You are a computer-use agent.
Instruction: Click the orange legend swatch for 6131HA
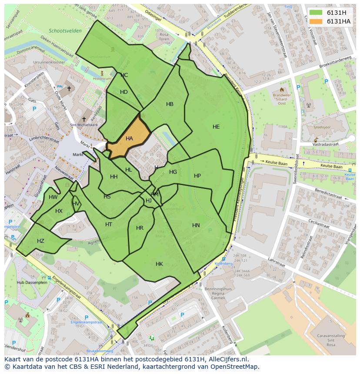(x=316, y=21)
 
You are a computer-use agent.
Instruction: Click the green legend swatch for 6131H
(x=316, y=13)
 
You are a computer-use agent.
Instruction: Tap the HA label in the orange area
(x=129, y=139)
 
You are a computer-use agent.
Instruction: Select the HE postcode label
(x=216, y=127)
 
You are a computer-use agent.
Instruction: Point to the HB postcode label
(x=170, y=104)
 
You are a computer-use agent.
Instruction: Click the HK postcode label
(x=159, y=264)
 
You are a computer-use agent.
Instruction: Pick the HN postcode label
(x=196, y=225)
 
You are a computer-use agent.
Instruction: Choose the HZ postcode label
(x=40, y=241)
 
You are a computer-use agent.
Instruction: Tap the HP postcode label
(x=197, y=176)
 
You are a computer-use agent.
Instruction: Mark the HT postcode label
(x=109, y=224)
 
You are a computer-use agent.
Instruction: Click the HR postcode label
(x=140, y=228)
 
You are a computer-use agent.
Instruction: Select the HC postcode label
(x=124, y=75)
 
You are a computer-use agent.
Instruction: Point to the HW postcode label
(x=53, y=197)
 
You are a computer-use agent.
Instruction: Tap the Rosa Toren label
(x=164, y=37)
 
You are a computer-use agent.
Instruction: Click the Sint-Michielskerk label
(x=84, y=125)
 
